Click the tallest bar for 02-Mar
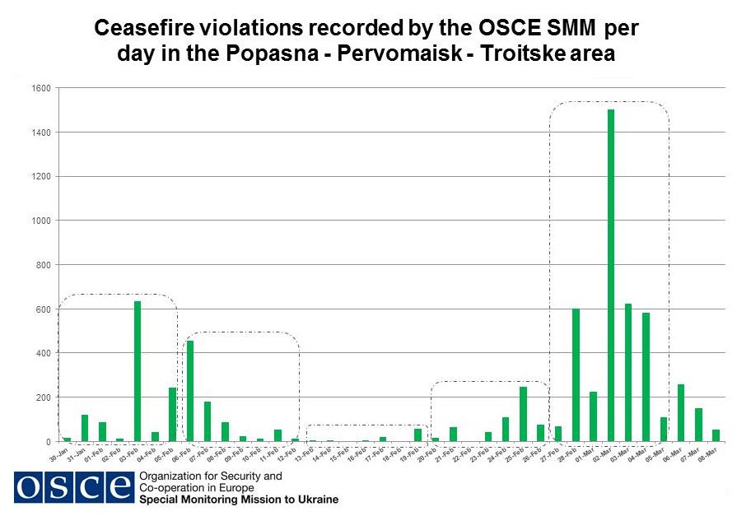610,275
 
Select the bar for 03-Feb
138,371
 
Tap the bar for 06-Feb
190,391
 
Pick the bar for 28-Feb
576,375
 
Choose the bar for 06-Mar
680,412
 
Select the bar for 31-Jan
85,428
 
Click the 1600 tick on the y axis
43,88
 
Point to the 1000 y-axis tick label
43,221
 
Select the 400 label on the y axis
44,353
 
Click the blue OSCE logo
73,488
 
